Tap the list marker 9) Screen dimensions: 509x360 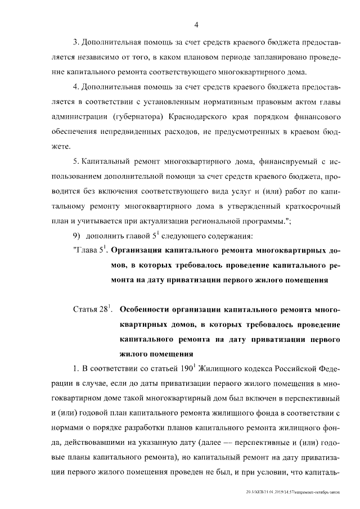click(78, 235)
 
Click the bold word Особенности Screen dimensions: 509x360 click(149, 310)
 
